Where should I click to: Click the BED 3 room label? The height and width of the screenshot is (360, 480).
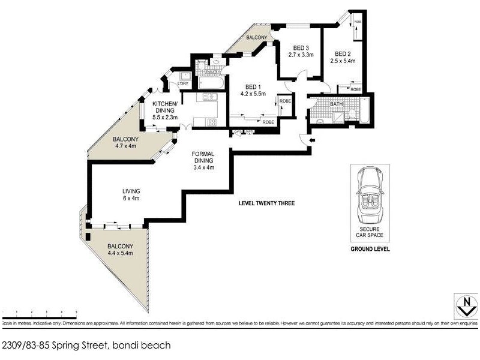click(x=301, y=49)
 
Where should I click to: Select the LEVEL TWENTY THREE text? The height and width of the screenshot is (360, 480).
click(x=266, y=203)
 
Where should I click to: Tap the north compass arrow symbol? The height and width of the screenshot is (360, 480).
click(x=462, y=307)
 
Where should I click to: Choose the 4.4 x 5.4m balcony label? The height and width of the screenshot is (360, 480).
click(x=120, y=250)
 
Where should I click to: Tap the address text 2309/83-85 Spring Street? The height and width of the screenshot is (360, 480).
click(x=86, y=345)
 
